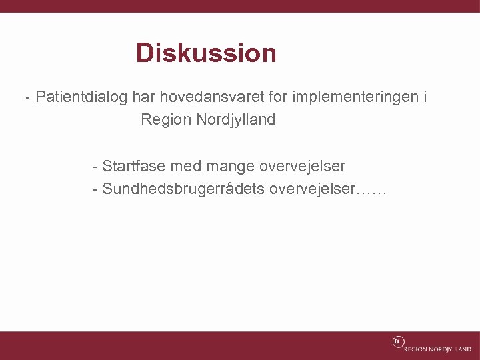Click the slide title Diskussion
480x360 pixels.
[x=206, y=53]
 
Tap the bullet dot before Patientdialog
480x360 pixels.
[x=25, y=98]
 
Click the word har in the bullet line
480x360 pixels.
[x=143, y=97]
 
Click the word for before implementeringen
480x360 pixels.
[x=278, y=97]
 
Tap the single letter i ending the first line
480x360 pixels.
[x=425, y=97]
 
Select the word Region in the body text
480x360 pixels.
[x=166, y=120]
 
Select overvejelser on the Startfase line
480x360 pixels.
[x=302, y=165]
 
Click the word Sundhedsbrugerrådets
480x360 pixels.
[x=183, y=189]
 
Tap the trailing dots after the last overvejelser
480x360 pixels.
[x=372, y=191]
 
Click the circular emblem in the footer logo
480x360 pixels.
[x=397, y=341]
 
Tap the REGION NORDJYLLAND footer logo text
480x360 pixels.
[x=437, y=349]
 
